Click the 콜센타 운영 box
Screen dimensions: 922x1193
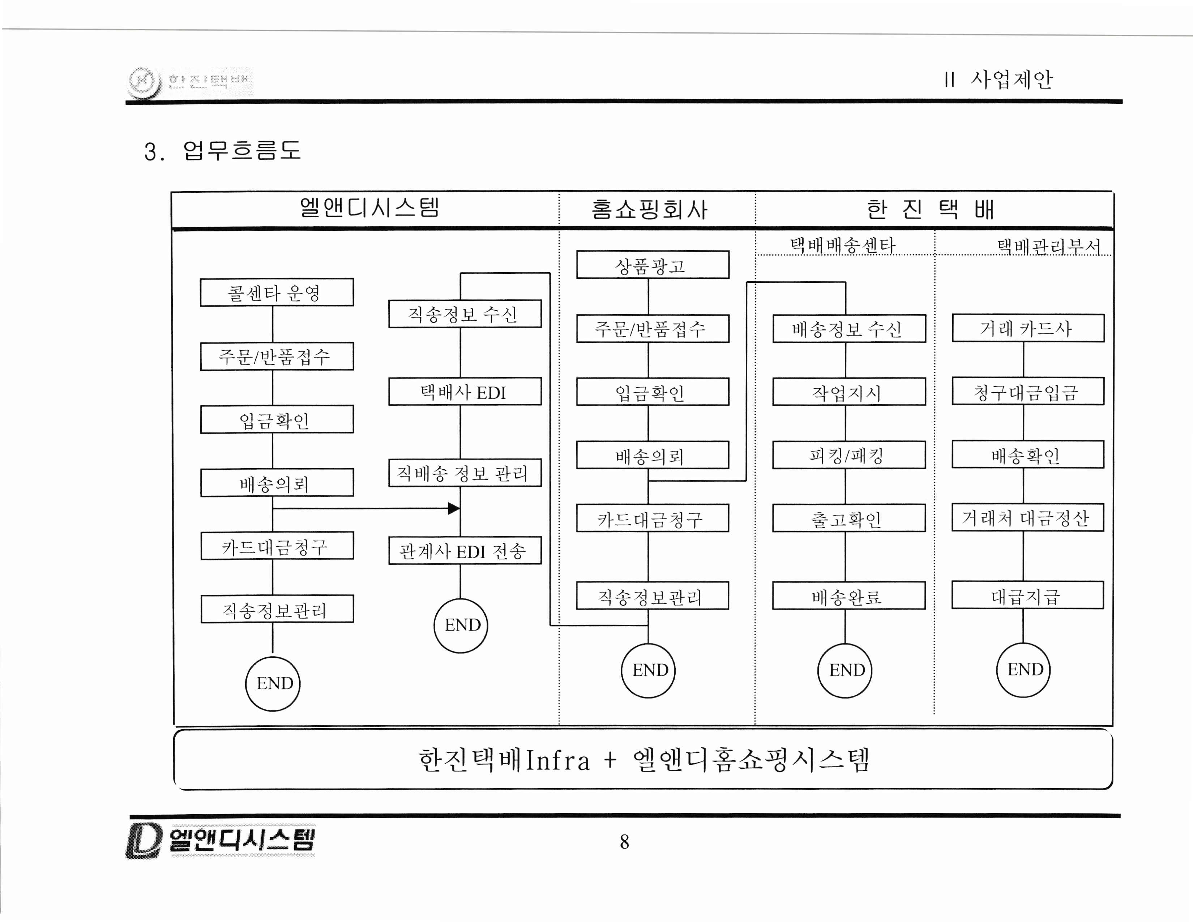click(x=277, y=292)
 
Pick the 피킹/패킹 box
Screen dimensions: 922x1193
click(x=848, y=455)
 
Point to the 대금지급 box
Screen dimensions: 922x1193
click(x=1027, y=596)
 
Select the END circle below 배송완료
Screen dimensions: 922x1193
click(x=845, y=670)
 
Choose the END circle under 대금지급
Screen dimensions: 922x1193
click(x=1024, y=670)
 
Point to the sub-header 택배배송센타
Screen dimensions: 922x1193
click(x=843, y=245)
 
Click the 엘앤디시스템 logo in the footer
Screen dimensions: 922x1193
click(x=221, y=840)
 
